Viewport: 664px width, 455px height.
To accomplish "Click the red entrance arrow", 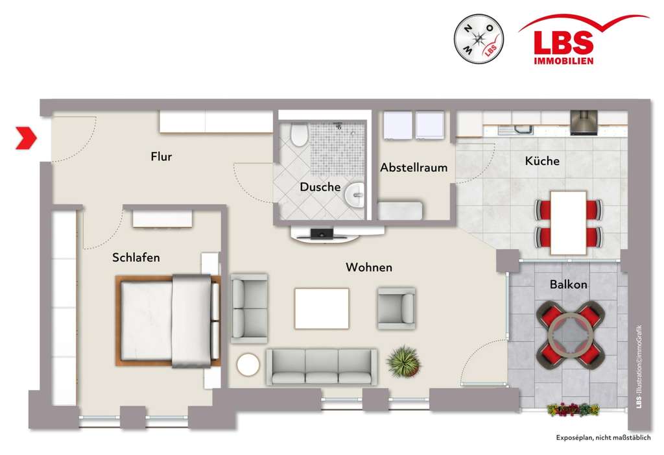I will pyautogui.click(x=27, y=138).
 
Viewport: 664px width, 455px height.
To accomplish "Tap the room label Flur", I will pyautogui.click(x=161, y=156).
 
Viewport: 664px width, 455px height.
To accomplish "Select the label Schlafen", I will pyautogui.click(x=136, y=258).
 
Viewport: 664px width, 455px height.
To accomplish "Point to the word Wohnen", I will pyautogui.click(x=369, y=267).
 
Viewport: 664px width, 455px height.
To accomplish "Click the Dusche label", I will pyautogui.click(x=320, y=187).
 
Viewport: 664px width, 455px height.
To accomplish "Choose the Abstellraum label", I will pyautogui.click(x=414, y=167).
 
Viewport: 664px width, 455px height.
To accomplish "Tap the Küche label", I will pyautogui.click(x=543, y=161).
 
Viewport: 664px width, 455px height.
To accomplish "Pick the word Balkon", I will pyautogui.click(x=569, y=284).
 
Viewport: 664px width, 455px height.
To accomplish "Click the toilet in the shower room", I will pyautogui.click(x=300, y=134).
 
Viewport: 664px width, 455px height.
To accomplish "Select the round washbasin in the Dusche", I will pyautogui.click(x=355, y=193).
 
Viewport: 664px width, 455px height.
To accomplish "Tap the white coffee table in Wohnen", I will pyautogui.click(x=322, y=308).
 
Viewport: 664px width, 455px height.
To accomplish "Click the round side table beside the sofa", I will pyautogui.click(x=248, y=365).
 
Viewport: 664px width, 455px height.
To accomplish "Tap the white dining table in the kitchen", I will pyautogui.click(x=568, y=222).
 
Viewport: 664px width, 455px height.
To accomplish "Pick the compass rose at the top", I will pyautogui.click(x=479, y=40).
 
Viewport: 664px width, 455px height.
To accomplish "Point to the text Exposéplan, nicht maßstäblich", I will pyautogui.click(x=602, y=437).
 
